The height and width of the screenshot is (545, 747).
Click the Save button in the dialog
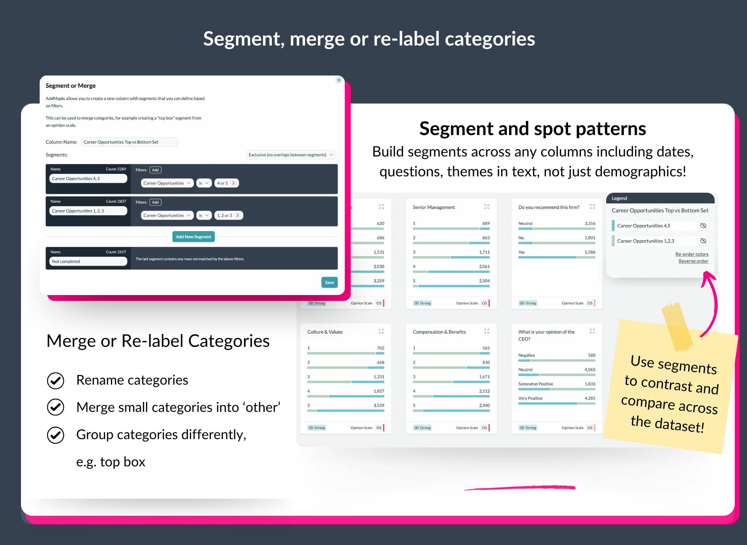tap(329, 282)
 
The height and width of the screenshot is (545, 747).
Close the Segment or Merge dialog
tap(339, 80)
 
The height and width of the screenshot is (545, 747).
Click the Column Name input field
tap(129, 142)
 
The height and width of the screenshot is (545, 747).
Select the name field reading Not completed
tap(88, 262)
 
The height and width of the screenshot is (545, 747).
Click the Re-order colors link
tap(692, 254)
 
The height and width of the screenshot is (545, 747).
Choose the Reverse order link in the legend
tap(693, 261)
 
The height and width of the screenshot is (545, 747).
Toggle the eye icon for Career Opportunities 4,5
tap(703, 226)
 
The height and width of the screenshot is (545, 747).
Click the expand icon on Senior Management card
tap(487, 207)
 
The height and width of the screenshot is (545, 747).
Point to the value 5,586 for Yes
tap(590, 252)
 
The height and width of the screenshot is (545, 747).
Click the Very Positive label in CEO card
tap(530, 398)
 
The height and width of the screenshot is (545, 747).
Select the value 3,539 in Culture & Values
tap(379, 405)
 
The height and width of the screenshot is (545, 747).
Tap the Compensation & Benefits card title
tap(439, 332)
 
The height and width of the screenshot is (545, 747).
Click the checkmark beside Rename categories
tap(56, 380)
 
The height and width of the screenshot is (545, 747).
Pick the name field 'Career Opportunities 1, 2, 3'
tap(88, 211)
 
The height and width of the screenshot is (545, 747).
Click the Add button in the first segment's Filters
tap(155, 170)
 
